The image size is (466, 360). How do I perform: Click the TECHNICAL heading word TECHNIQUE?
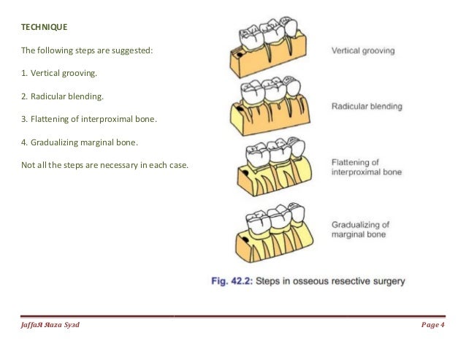pyautogui.click(x=43, y=27)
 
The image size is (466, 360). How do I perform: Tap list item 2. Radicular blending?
pyautogui.click(x=59, y=96)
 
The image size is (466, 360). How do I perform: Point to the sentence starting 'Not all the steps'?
pyautogui.click(x=104, y=164)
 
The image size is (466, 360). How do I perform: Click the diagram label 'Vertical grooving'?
pyautogui.click(x=363, y=52)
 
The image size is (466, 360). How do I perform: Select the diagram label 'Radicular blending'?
pyautogui.click(x=367, y=107)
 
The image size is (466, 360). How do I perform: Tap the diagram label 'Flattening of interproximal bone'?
pyautogui.click(x=366, y=168)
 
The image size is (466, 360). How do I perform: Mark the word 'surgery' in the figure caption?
pyautogui.click(x=386, y=280)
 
